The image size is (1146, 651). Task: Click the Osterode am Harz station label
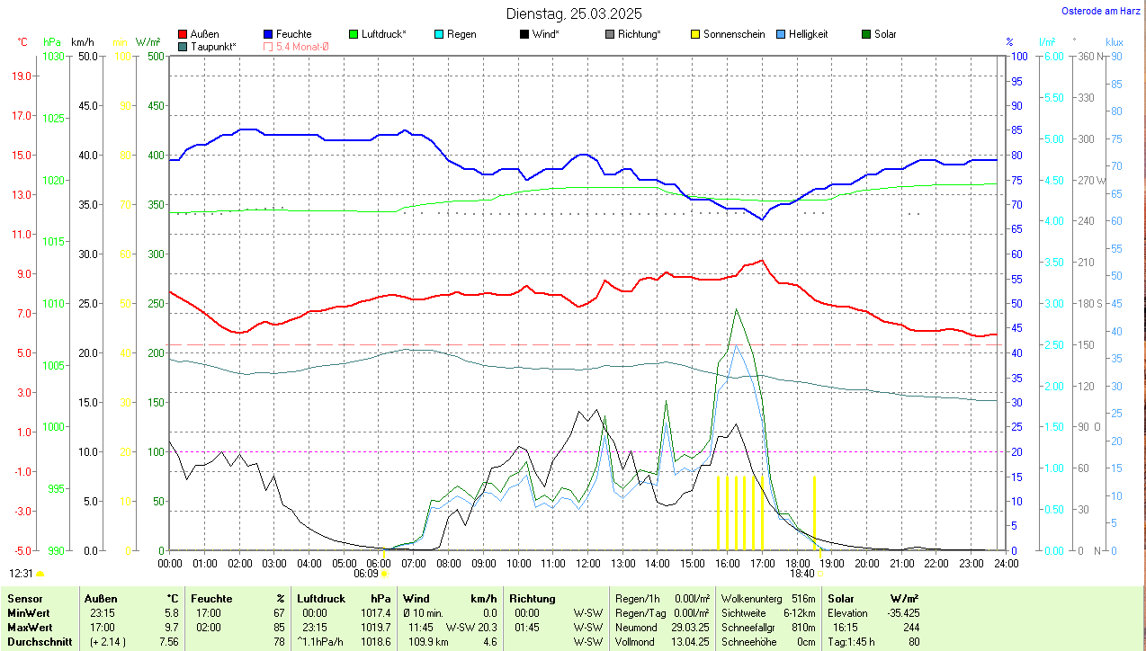point(1100,11)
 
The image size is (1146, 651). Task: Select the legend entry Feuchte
point(293,34)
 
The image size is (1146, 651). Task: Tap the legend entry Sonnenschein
point(734,34)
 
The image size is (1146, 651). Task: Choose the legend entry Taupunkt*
point(213,46)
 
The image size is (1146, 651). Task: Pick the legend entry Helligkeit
point(808,34)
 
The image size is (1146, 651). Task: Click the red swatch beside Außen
point(184,34)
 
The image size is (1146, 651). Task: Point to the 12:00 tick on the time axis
point(587,564)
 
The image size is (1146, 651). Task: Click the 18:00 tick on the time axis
point(797,564)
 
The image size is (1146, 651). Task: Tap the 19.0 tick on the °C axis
point(23,76)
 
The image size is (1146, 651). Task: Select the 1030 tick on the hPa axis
point(54,56)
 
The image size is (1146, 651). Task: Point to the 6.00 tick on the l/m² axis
point(1052,56)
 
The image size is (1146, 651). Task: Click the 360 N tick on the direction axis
point(1090,56)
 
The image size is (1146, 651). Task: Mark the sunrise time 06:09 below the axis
point(366,573)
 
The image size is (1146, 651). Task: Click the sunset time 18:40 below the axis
point(802,573)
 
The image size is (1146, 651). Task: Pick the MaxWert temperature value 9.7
point(170,627)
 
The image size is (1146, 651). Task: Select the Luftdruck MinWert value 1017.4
point(376,612)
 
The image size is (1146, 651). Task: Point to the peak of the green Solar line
point(737,309)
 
